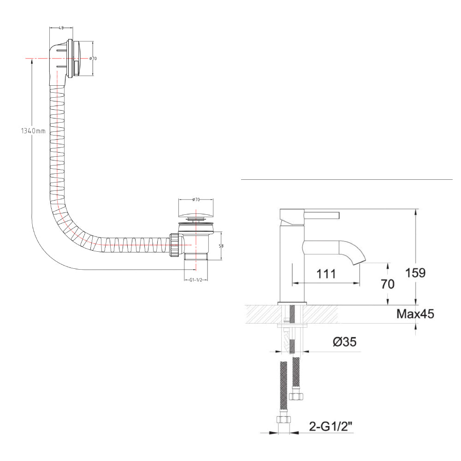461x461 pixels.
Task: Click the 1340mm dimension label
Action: coord(34,131)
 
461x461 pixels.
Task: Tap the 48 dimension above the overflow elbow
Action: coord(61,28)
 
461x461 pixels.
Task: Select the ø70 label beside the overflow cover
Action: coord(93,59)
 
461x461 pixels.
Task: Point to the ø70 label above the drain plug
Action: coord(196,200)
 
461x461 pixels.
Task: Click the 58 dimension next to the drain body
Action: coord(221,246)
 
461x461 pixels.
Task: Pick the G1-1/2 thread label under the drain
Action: coord(196,280)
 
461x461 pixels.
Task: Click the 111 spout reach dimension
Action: coord(326,273)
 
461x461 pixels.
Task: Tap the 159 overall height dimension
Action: coord(425,272)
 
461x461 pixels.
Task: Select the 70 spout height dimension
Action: coord(388,284)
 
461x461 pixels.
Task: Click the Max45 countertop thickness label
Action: coord(415,314)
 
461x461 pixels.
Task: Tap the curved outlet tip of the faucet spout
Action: coord(359,261)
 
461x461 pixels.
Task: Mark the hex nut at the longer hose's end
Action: coord(283,420)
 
